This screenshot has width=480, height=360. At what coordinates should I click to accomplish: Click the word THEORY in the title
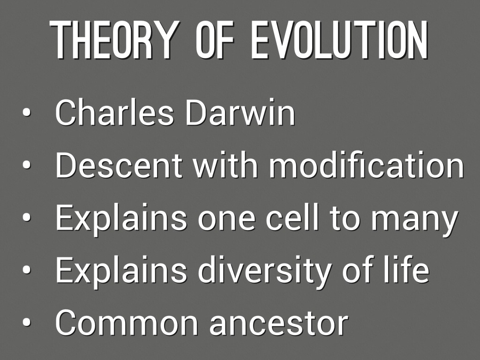[x=113, y=40]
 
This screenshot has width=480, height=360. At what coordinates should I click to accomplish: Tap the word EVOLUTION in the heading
[x=339, y=40]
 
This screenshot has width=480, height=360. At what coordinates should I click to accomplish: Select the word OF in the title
[x=215, y=40]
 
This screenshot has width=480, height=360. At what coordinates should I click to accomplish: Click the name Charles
[x=114, y=112]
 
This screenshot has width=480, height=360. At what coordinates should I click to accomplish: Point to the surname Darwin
[x=240, y=112]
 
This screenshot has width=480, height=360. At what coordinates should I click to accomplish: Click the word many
[x=415, y=220]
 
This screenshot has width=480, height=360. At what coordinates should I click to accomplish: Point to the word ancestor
[x=279, y=324]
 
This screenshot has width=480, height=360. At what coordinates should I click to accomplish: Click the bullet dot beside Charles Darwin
[x=27, y=112]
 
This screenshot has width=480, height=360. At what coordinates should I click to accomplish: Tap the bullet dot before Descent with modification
[x=27, y=165]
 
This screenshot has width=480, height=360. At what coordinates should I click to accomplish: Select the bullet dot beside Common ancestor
[x=27, y=322]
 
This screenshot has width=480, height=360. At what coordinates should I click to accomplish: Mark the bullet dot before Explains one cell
[x=27, y=217]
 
